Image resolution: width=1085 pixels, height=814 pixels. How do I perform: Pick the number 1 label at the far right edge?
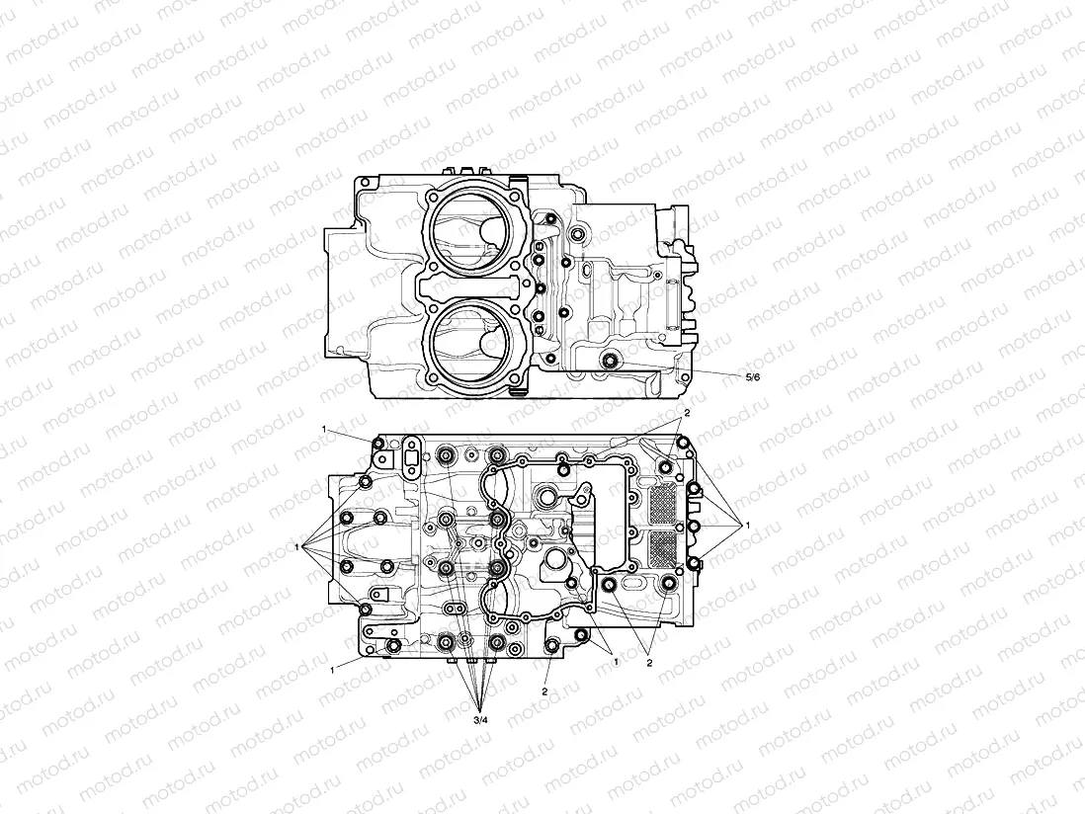tap(748, 524)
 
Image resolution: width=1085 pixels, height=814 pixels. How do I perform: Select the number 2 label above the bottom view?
tap(687, 412)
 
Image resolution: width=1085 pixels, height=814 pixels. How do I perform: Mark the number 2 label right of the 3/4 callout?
tap(544, 692)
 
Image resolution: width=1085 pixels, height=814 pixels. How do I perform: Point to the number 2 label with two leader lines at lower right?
tap(649, 663)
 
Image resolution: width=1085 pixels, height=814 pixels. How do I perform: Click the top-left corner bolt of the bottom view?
tap(378, 446)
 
